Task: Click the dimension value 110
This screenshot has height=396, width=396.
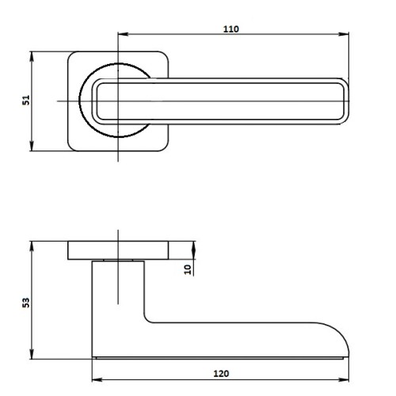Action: [x=230, y=29]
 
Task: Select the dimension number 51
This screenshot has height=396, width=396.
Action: [x=25, y=101]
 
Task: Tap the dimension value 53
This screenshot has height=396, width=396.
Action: [x=25, y=303]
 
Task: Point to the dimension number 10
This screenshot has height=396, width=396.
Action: [x=187, y=268]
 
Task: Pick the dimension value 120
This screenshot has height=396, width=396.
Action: [x=221, y=373]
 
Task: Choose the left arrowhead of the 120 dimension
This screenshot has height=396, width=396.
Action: [x=96, y=379]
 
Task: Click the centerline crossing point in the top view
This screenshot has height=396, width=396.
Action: [x=117, y=101]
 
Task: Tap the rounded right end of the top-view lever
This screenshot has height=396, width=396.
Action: [x=344, y=101]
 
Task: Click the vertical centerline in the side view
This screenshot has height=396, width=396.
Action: [x=117, y=285]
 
